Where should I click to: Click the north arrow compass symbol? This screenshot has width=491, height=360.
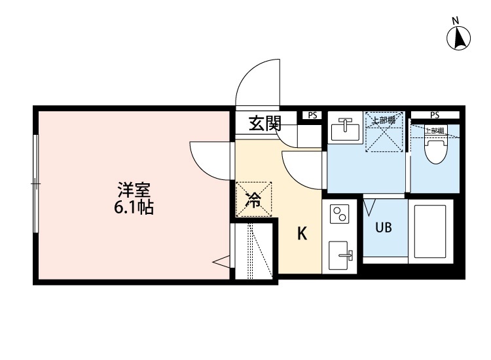point(460,38)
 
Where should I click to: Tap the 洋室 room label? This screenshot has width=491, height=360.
point(134,191)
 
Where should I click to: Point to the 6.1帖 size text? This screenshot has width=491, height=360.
point(134,209)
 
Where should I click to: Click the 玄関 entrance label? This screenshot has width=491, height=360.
point(264,123)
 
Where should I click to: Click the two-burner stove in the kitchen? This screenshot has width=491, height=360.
point(340,214)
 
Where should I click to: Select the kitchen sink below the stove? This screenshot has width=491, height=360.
point(340,252)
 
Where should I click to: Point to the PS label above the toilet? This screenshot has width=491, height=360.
point(435,115)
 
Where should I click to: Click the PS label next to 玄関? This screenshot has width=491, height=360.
point(312,115)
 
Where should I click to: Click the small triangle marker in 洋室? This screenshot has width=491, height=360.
point(221,262)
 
